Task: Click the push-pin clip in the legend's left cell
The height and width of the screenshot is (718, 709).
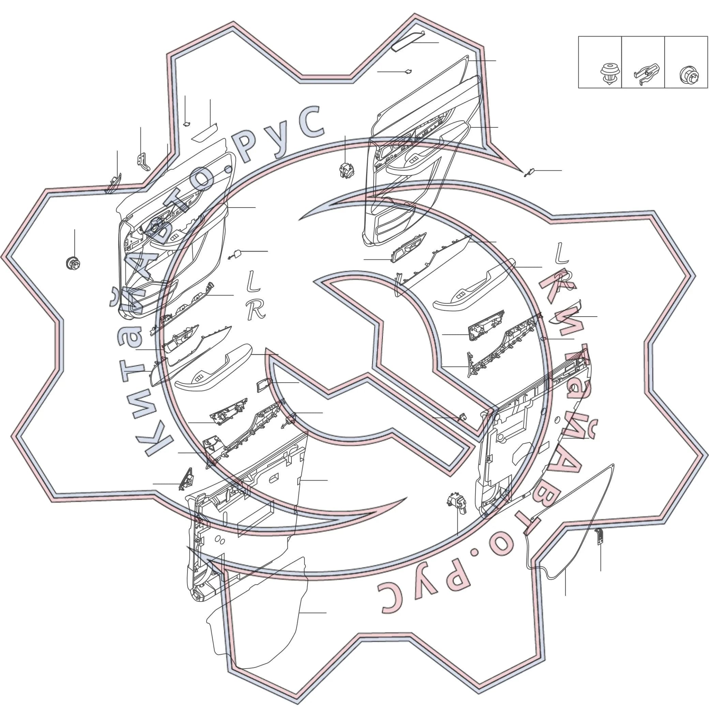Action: pos(609,74)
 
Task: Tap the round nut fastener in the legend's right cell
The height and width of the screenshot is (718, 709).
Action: pos(689,75)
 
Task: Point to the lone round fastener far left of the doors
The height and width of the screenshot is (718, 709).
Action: pos(73,263)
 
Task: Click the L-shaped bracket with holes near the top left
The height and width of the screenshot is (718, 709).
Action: pos(143,162)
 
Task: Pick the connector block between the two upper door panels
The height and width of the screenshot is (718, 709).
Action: pos(347,170)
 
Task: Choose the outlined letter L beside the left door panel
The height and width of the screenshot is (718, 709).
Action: pos(254,281)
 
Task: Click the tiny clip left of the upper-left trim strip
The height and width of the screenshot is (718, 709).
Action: pos(187,124)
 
